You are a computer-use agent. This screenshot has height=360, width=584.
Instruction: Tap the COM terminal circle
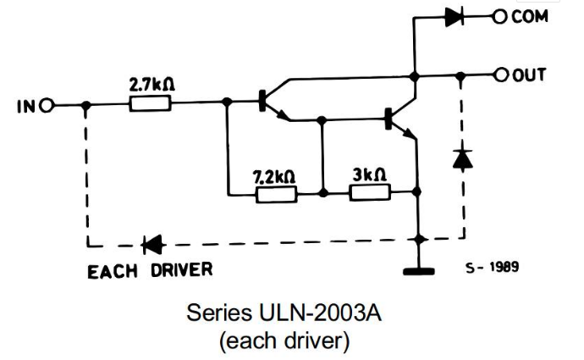pyautogui.click(x=501, y=15)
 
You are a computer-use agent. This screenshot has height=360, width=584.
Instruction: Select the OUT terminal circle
pyautogui.click(x=501, y=76)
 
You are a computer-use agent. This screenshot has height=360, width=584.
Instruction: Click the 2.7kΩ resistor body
pyautogui.click(x=151, y=104)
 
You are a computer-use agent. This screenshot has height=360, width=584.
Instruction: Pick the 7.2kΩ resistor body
pyautogui.click(x=276, y=194)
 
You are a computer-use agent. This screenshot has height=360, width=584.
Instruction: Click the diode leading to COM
pyautogui.click(x=455, y=15)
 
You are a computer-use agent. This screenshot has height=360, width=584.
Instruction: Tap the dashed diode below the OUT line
pyautogui.click(x=460, y=158)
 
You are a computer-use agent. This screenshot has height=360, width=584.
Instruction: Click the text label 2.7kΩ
pyautogui.click(x=152, y=86)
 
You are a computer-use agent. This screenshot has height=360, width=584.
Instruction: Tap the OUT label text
pyautogui.click(x=530, y=76)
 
